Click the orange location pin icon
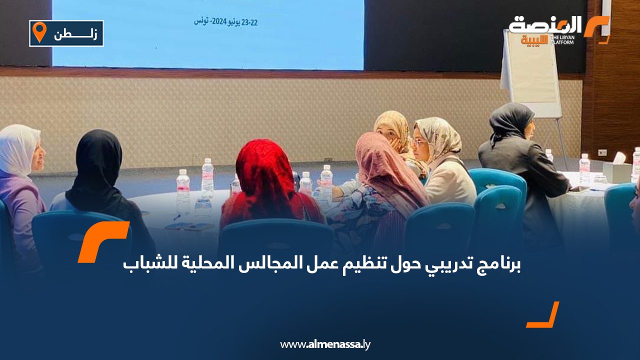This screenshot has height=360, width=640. click(39, 32)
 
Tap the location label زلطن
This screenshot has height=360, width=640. click(75, 34)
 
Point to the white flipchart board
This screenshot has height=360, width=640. click(531, 73)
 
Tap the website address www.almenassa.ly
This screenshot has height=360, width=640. click(325, 344)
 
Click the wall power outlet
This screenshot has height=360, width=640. click(602, 152)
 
